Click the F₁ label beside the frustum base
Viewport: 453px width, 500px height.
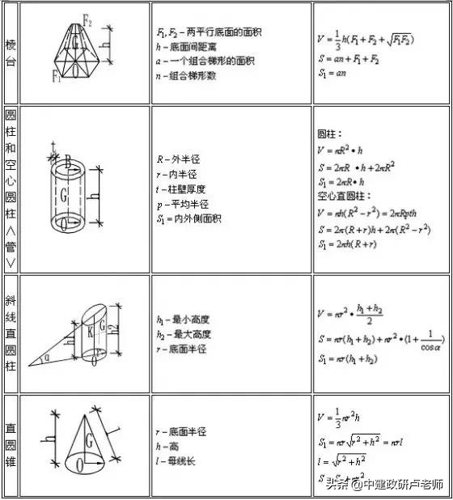(x=57, y=78)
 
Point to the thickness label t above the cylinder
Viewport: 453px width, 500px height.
(x=53, y=145)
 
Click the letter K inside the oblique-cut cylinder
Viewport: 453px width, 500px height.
(x=90, y=332)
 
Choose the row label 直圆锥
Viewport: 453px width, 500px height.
(x=10, y=444)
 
